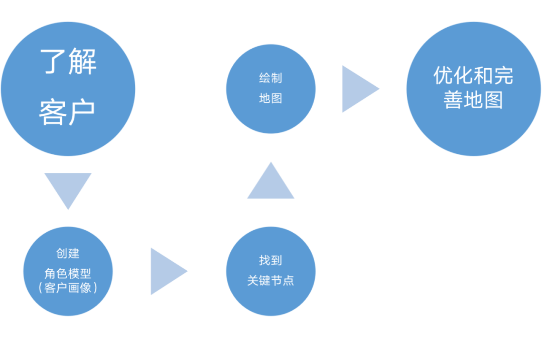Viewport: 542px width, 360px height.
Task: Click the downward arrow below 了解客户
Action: [68, 189]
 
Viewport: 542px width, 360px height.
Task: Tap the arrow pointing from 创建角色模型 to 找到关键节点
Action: [167, 271]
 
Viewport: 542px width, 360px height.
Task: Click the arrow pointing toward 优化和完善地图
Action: [357, 89]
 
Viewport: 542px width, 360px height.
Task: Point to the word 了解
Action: [68, 62]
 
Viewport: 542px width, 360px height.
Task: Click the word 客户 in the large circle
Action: [68, 112]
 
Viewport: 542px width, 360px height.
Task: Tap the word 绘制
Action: [270, 78]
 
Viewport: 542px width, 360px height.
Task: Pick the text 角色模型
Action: [68, 273]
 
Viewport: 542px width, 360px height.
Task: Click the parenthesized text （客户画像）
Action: [68, 288]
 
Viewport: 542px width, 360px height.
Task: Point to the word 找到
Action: [270, 260]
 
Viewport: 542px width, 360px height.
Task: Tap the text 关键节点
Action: [270, 281]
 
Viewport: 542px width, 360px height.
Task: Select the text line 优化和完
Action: [473, 76]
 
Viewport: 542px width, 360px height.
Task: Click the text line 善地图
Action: [473, 100]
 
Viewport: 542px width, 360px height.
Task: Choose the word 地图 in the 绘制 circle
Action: [270, 98]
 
